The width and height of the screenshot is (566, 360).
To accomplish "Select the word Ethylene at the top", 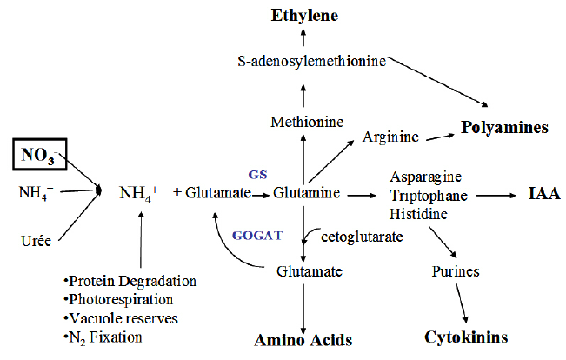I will tap(303, 15).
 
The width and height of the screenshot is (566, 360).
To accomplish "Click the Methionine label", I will tap(303, 121).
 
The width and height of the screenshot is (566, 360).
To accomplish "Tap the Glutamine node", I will tap(304, 192).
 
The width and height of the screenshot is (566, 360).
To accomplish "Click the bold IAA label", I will tap(543, 194).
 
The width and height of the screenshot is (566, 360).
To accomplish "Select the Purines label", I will tap(456, 271).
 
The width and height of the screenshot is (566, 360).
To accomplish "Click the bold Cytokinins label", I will tap(465, 336).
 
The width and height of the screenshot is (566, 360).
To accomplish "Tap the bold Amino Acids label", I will tap(303, 339).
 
